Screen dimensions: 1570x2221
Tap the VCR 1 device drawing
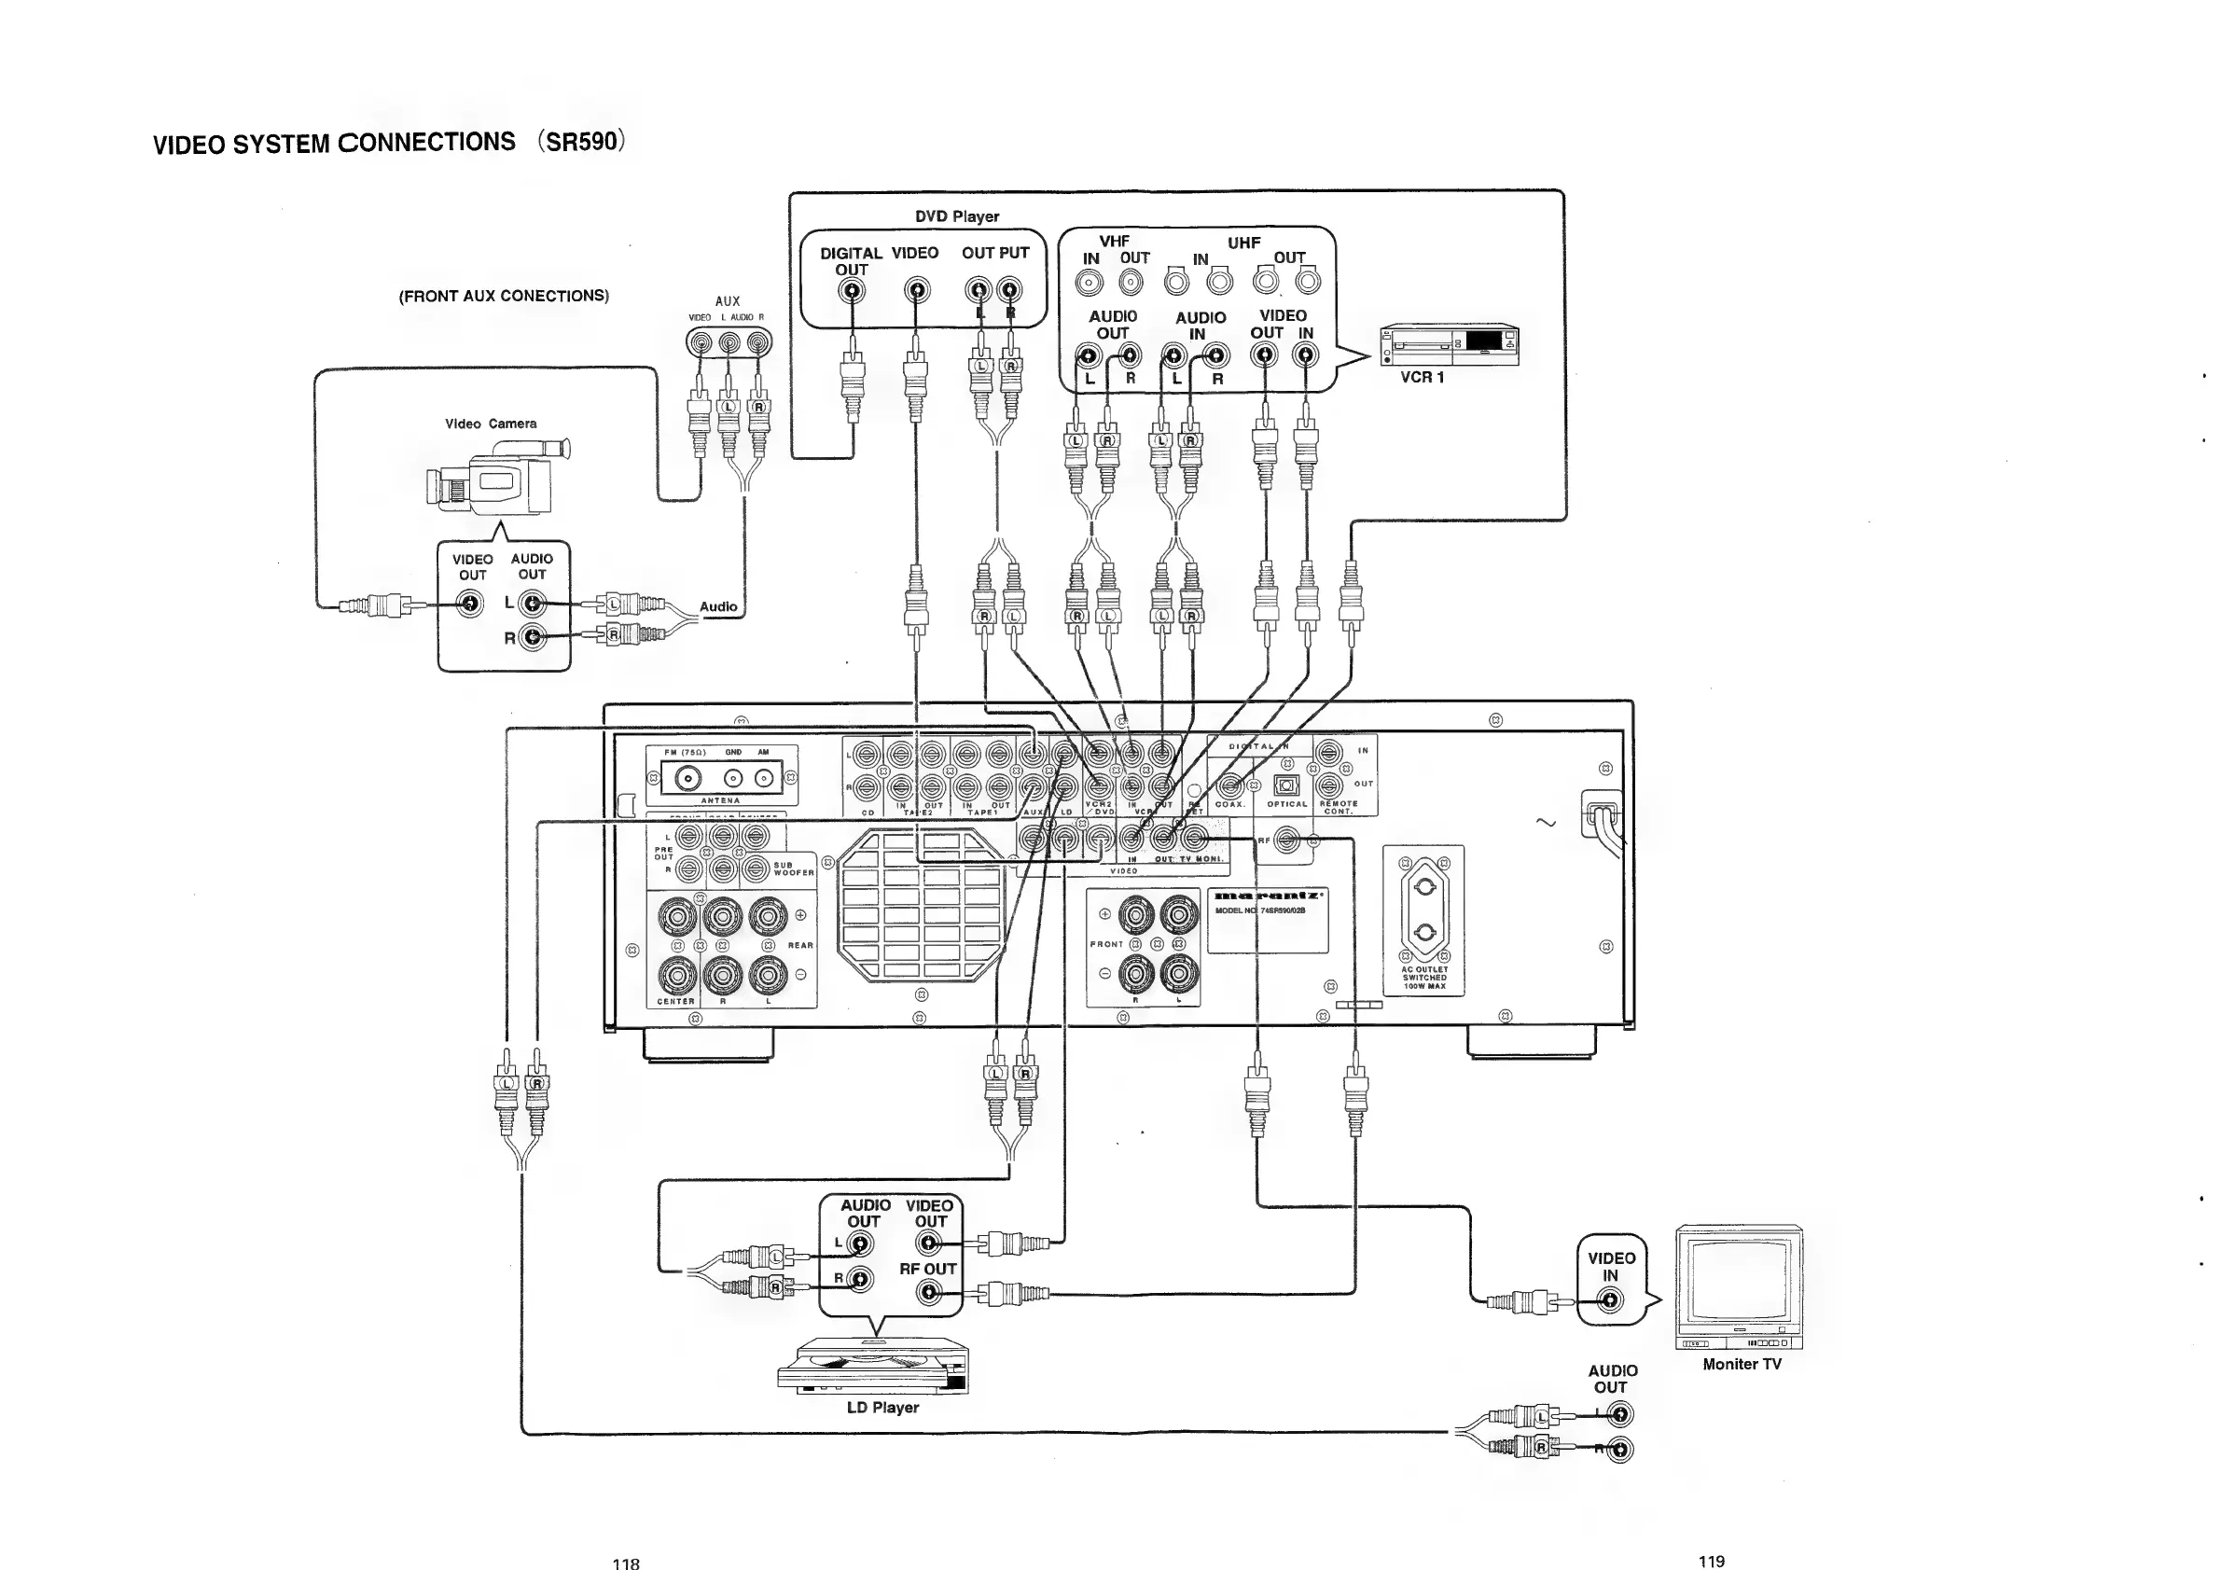pyautogui.click(x=1449, y=345)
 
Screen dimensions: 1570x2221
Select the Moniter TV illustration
pyautogui.click(x=1739, y=1286)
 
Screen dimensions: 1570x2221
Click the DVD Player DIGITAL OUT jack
pyautogui.click(x=852, y=290)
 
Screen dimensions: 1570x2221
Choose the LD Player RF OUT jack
pyautogui.click(x=930, y=1291)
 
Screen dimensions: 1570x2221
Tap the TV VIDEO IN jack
pyautogui.click(x=1610, y=1301)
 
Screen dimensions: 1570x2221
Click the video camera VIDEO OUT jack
pyautogui.click(x=470, y=604)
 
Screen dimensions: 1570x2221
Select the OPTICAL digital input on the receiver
pyautogui.click(x=1285, y=785)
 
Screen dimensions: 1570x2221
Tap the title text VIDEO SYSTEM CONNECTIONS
pyautogui.click(x=335, y=143)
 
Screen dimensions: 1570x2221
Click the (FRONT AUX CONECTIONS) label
pyautogui.click(x=503, y=296)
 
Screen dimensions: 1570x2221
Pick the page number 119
pyautogui.click(x=1711, y=1561)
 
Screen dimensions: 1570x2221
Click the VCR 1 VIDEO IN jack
pyautogui.click(x=1306, y=355)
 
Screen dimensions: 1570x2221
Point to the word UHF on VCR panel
pyautogui.click(x=1244, y=243)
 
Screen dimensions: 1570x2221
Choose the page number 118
pyautogui.click(x=626, y=1563)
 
